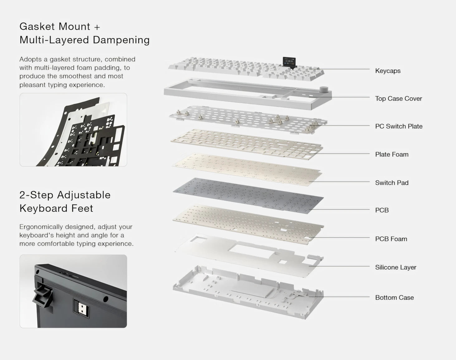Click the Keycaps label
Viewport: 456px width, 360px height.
click(x=388, y=71)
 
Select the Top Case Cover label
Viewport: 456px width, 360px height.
click(x=398, y=99)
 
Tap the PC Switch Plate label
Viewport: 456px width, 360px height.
click(x=399, y=126)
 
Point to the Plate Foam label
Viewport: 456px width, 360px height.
click(x=391, y=154)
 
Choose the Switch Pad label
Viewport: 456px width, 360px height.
click(x=391, y=183)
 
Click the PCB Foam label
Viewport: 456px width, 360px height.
click(x=391, y=239)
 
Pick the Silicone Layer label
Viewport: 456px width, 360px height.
click(x=396, y=267)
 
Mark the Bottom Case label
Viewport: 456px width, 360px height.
click(x=394, y=298)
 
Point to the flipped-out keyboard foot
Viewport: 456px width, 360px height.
click(x=42, y=297)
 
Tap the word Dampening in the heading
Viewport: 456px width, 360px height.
click(x=121, y=40)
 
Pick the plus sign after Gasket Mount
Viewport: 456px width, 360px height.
click(x=97, y=27)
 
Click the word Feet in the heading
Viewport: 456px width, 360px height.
click(x=82, y=208)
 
